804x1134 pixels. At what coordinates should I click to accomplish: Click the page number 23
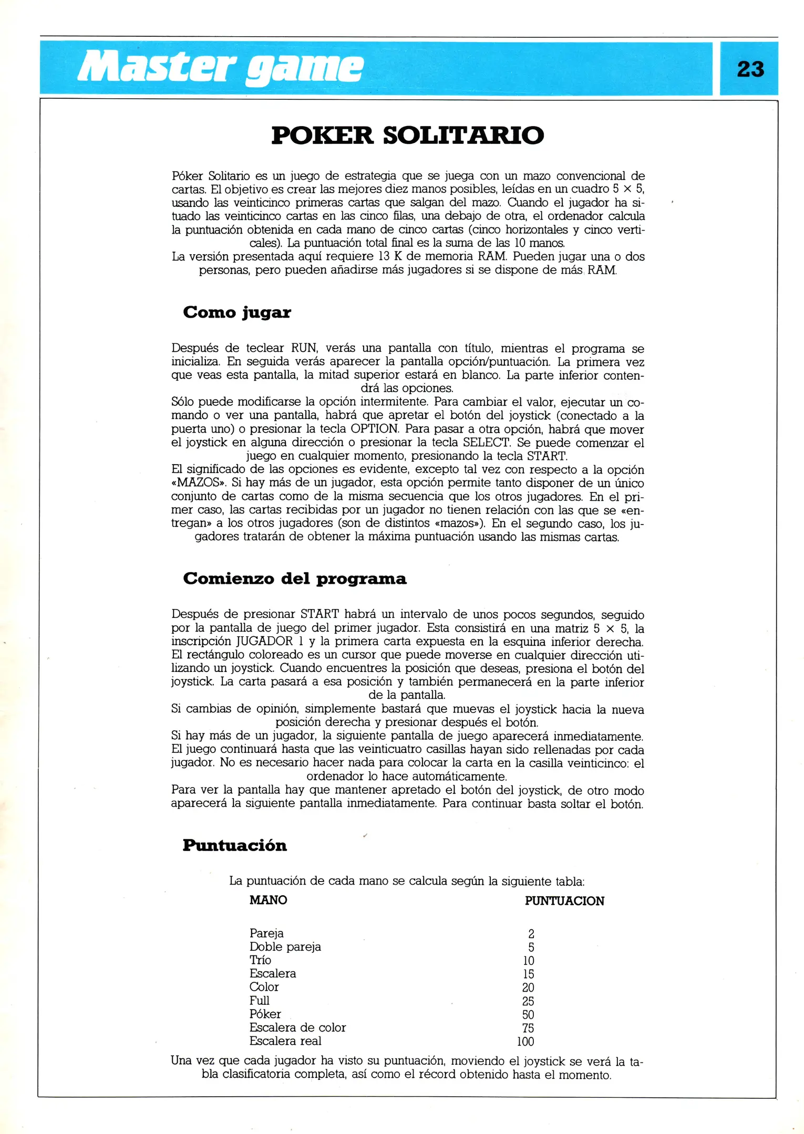tap(750, 69)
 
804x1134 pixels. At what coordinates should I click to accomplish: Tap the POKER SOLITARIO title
tap(407, 135)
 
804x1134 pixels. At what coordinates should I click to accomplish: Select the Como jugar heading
tap(236, 312)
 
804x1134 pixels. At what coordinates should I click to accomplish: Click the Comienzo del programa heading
tap(294, 579)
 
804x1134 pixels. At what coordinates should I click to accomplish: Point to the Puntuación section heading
tap(234, 845)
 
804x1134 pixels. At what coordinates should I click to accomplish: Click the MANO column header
tap(268, 900)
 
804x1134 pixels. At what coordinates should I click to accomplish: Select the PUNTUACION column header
tap(564, 901)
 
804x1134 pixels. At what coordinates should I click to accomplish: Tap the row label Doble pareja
tap(285, 947)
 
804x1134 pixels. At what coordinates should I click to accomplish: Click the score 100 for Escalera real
tap(525, 1041)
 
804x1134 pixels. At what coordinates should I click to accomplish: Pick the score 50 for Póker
tap(528, 1014)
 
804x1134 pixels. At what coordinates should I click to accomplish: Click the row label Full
tap(259, 1001)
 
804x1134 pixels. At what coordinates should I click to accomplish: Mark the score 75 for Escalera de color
tap(528, 1028)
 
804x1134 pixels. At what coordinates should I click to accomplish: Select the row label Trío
tap(260, 960)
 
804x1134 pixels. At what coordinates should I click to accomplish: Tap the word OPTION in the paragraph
tap(374, 429)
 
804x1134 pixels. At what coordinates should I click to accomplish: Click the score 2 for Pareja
tap(531, 933)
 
